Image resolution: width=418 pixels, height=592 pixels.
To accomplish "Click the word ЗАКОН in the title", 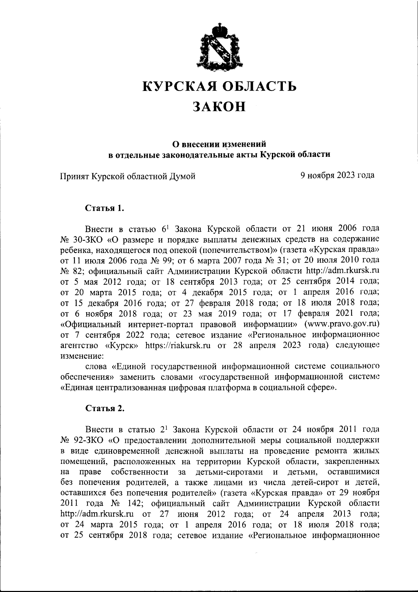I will click(x=219, y=106).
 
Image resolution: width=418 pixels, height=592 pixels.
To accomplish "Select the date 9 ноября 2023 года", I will click(x=338, y=175).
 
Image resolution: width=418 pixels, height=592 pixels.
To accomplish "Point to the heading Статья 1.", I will click(x=105, y=208).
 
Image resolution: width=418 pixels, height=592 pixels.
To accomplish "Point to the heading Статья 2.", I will click(x=105, y=409).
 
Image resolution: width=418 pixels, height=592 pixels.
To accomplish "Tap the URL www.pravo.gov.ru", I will click(x=342, y=324).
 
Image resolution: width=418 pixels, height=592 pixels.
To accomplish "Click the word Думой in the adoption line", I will click(x=182, y=176).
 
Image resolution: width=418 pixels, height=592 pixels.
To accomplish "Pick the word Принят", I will click(x=74, y=176).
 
